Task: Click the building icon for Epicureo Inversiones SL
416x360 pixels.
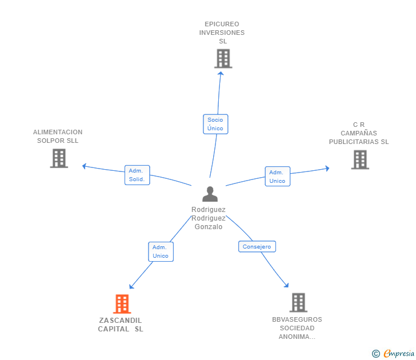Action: pyautogui.click(x=223, y=58)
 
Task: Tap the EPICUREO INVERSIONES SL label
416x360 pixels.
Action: pyautogui.click(x=222, y=33)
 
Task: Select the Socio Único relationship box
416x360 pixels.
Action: pyautogui.click(x=215, y=124)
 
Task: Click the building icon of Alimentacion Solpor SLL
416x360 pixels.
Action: pyautogui.click(x=59, y=158)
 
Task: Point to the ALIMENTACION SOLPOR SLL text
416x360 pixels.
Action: pyautogui.click(x=58, y=136)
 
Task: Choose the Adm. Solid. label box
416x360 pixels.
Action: pyautogui.click(x=137, y=175)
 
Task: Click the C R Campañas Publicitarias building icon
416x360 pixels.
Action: pyautogui.click(x=360, y=159)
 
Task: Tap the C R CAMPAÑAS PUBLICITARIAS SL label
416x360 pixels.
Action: pyautogui.click(x=359, y=133)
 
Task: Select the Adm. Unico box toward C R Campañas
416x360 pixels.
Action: pyautogui.click(x=277, y=177)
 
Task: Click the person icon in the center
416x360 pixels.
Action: pyautogui.click(x=210, y=194)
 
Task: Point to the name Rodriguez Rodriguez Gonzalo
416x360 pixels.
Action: pyautogui.click(x=209, y=218)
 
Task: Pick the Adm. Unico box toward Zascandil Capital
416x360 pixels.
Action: pyautogui.click(x=161, y=251)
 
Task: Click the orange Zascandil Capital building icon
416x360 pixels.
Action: pyautogui.click(x=122, y=304)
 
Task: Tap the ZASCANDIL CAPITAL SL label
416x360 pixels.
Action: pyautogui.click(x=121, y=325)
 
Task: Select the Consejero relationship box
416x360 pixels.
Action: pyautogui.click(x=257, y=247)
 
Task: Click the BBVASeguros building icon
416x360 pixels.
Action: pyautogui.click(x=298, y=302)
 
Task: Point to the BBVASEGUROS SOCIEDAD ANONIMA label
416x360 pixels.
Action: pyautogui.click(x=297, y=328)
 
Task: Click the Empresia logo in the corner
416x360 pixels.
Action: pyautogui.click(x=399, y=354)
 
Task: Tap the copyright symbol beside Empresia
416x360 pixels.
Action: pyautogui.click(x=376, y=354)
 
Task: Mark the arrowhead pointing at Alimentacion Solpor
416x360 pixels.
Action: pyautogui.click(x=85, y=166)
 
